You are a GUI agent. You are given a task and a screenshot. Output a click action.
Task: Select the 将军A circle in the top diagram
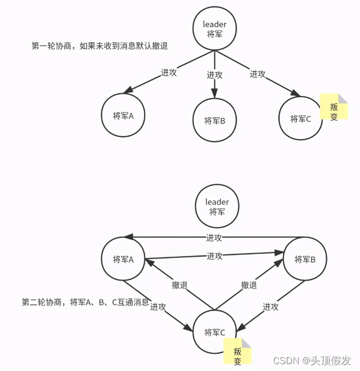(123, 115)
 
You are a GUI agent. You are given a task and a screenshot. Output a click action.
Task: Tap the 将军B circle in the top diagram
(214, 120)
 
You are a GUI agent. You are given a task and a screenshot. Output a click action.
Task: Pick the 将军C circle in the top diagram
(301, 119)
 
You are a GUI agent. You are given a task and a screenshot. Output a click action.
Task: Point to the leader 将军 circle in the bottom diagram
(217, 207)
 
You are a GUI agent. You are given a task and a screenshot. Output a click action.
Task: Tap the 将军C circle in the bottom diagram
(214, 332)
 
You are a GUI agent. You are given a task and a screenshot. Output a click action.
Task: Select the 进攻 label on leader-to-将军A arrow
(169, 73)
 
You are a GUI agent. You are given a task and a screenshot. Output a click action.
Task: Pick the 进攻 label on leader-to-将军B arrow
(215, 75)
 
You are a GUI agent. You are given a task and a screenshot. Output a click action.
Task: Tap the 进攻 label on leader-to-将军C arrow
(258, 74)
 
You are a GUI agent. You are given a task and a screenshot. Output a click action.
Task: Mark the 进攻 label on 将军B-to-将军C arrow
(270, 307)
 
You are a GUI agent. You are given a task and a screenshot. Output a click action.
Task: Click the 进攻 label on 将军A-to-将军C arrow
(158, 307)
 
